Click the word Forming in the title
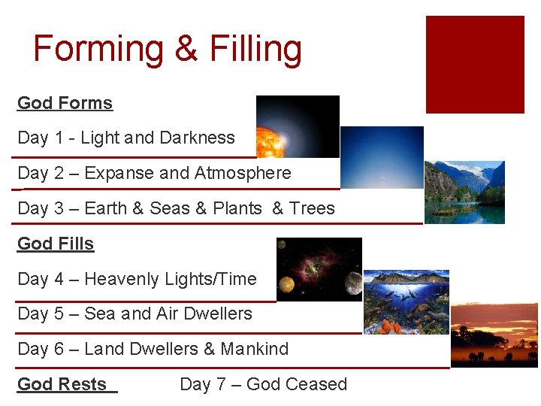pos(98,50)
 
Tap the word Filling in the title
pos(255,50)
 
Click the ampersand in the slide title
pos(186,50)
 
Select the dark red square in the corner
pos(475,65)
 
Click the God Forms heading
pos(65,103)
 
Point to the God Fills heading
pos(56,244)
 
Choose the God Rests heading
pos(62,384)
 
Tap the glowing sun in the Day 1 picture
pos(267,141)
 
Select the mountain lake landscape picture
pos(464,192)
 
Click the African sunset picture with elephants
pos(494,335)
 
